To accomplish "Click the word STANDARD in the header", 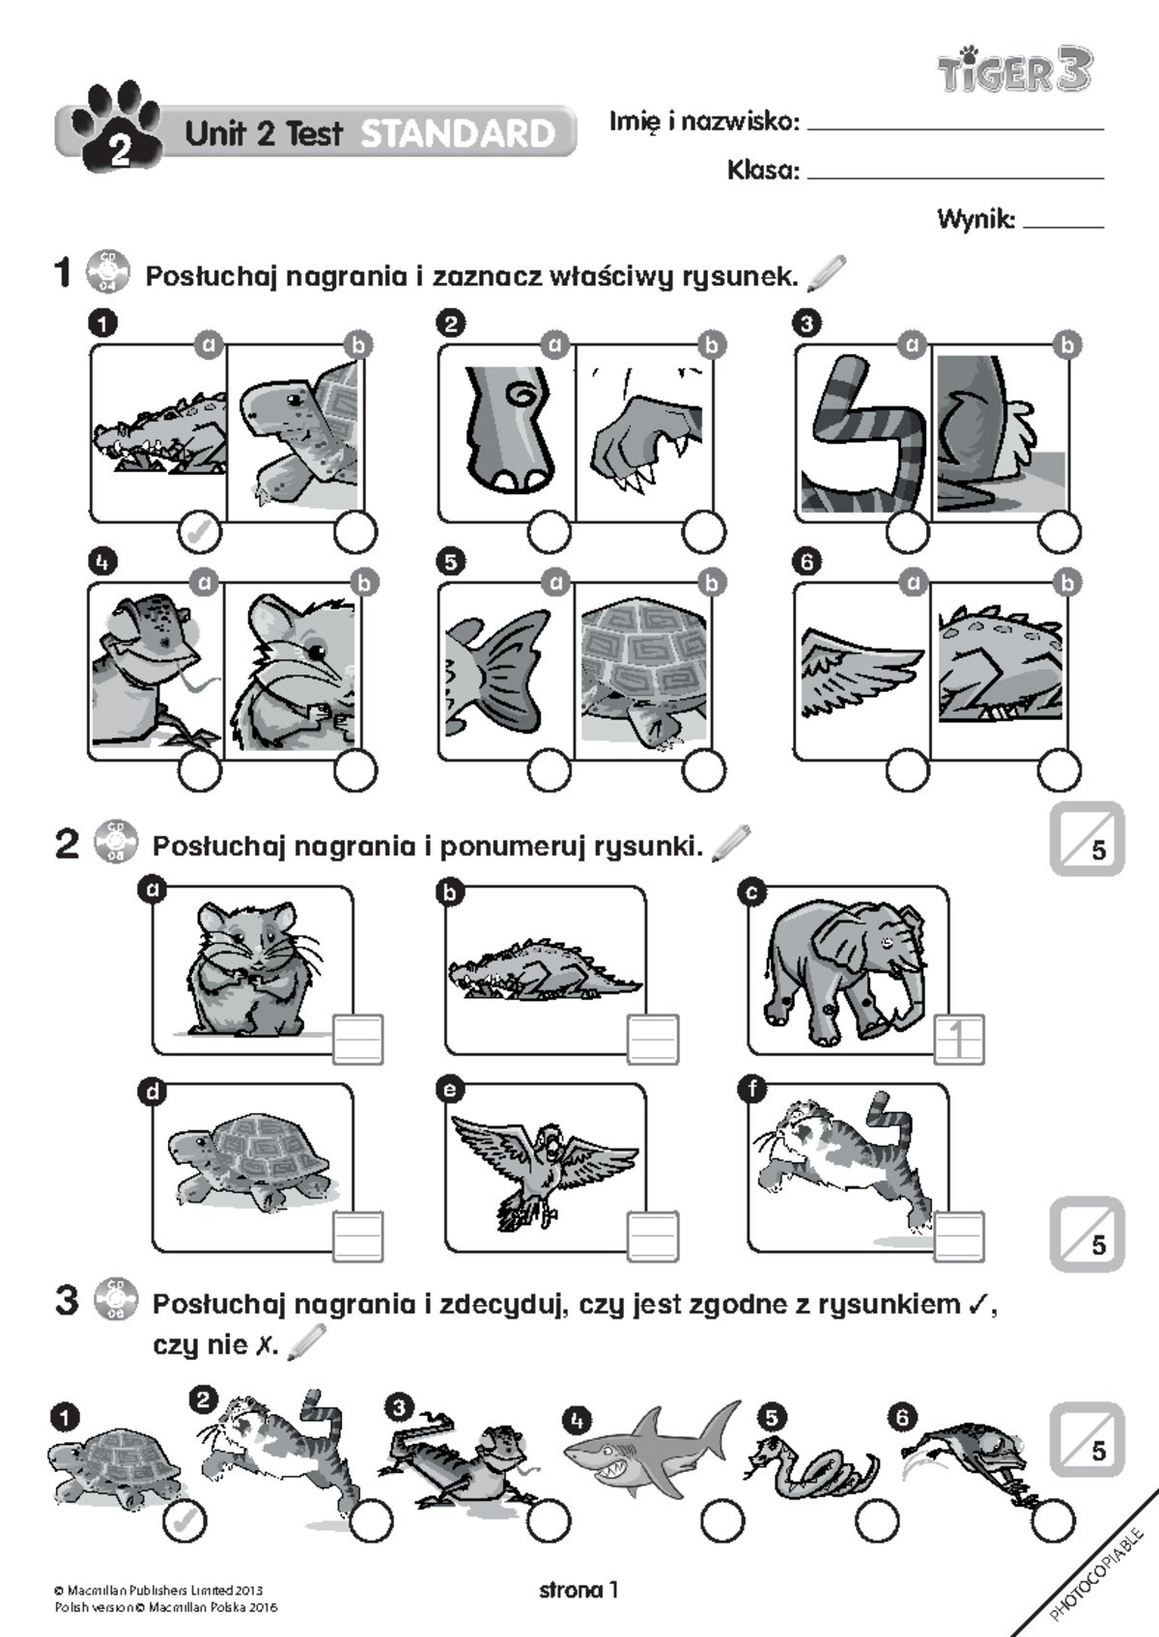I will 458,133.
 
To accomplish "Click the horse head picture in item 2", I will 506,430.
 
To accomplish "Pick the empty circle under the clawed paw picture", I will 704,532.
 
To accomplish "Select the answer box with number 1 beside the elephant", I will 959,1040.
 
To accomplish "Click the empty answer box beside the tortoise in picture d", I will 358,1235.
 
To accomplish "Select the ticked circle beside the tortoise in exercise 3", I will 185,1522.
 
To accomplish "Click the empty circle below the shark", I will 721,1522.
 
